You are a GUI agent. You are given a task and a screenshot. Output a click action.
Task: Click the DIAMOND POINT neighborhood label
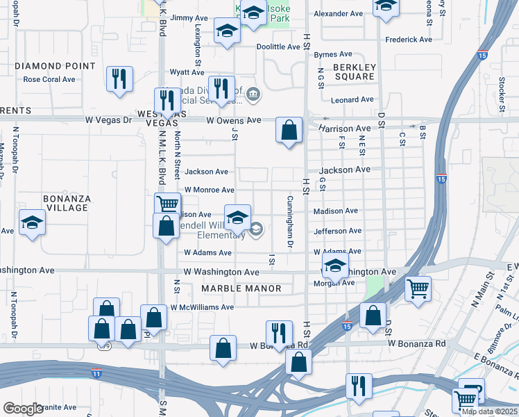tap(55, 66)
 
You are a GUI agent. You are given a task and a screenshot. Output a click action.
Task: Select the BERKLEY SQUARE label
tap(355, 72)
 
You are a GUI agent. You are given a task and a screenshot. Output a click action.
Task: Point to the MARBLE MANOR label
tap(241, 288)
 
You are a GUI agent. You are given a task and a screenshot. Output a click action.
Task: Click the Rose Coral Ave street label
tap(49, 79)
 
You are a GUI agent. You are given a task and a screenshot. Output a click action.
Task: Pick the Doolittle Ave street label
tap(278, 47)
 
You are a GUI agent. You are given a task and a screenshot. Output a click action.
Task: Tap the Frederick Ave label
tap(409, 40)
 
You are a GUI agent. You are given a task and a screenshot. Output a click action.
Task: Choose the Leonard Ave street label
tap(352, 100)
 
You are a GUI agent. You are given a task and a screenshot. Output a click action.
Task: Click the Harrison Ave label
tap(346, 129)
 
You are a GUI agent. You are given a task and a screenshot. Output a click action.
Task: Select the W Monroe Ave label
tap(209, 190)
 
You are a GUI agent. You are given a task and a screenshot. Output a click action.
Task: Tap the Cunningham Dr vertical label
tap(290, 222)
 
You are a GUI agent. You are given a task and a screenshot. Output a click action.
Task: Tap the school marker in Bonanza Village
tap(32, 222)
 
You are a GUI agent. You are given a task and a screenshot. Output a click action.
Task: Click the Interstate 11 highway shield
tap(96, 373)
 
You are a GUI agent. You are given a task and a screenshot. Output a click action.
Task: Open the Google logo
tap(24, 409)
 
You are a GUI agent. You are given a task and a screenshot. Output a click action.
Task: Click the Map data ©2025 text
tap(489, 411)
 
